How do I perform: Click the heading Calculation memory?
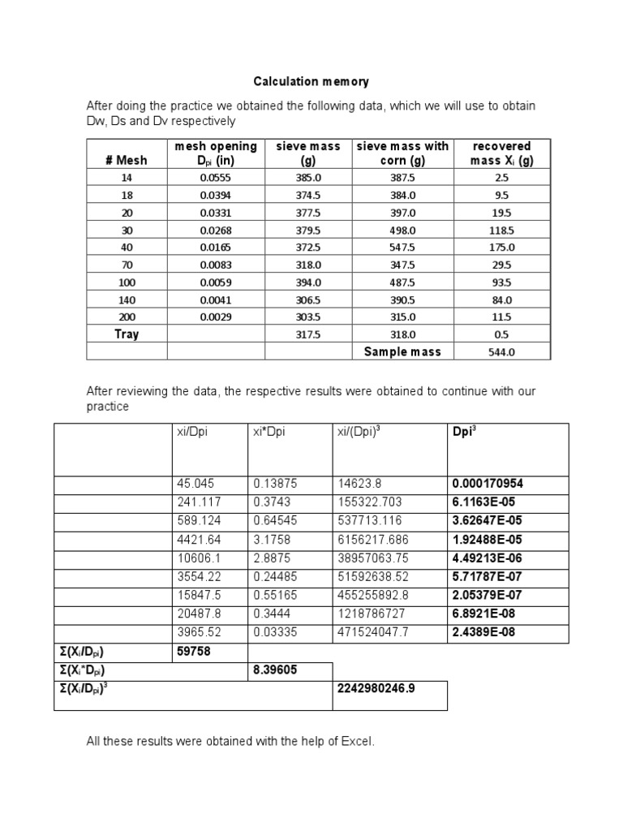(311, 81)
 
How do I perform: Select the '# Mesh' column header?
(126, 160)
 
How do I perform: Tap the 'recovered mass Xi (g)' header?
(502, 153)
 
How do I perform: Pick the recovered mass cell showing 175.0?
(502, 247)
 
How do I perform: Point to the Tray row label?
(126, 334)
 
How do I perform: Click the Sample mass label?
(402, 351)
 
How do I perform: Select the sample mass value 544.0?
(502, 352)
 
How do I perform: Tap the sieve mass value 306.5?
(309, 299)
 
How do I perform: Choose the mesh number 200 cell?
(126, 316)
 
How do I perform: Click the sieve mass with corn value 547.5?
(402, 247)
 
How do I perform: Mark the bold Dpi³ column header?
(464, 432)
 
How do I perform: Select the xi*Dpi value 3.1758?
(272, 539)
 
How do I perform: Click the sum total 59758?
(193, 651)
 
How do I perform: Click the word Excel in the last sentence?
(356, 742)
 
